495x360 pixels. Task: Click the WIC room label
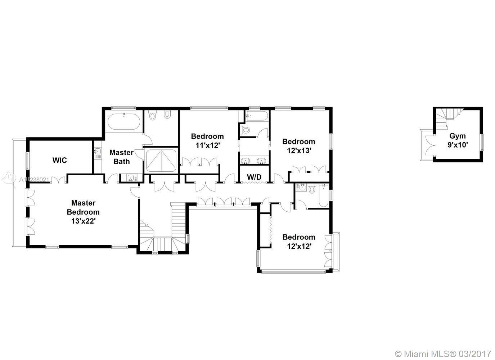tap(60, 160)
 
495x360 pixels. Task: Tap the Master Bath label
tap(121, 157)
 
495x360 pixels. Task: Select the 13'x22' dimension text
tap(83, 221)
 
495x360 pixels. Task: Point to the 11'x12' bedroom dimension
tap(207, 145)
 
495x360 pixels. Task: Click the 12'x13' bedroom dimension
tap(299, 150)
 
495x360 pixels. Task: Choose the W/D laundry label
tap(254, 177)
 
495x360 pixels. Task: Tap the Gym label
tap(458, 136)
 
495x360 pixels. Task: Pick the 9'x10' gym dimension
tap(458, 145)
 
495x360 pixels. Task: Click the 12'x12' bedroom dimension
tap(299, 246)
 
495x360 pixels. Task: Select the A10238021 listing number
tap(34, 180)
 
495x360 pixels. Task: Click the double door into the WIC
tap(59, 179)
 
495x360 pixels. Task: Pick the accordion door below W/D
tap(254, 183)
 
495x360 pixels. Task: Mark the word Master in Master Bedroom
tap(83, 203)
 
